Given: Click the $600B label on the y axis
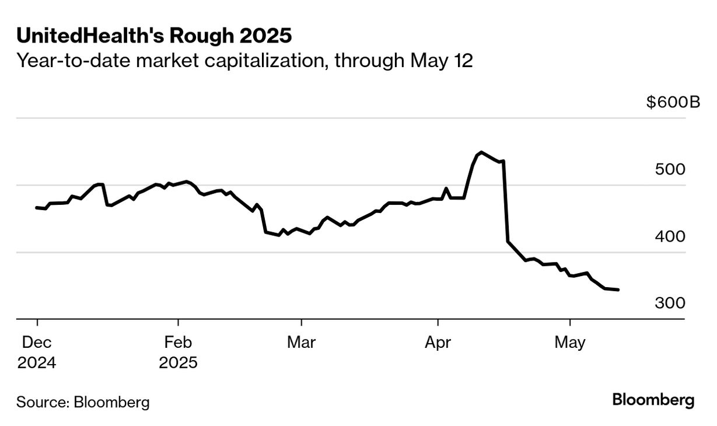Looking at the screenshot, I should coord(673,103).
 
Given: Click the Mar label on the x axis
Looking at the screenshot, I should coord(301,343).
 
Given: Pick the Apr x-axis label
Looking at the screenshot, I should coord(438,343).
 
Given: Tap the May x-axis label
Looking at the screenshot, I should coord(569,343).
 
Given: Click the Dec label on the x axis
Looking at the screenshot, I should coord(37,343).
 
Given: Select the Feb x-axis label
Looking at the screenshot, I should coord(178,343).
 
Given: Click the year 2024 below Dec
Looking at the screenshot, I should coord(37,362).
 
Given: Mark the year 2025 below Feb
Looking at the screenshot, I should coord(178,362).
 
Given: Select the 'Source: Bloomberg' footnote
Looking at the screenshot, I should coord(83,402).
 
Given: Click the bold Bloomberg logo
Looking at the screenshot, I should coord(653,400).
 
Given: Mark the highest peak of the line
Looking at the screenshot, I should coord(480,152).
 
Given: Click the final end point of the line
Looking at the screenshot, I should coord(618,289).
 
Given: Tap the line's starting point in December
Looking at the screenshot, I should coord(37,207).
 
